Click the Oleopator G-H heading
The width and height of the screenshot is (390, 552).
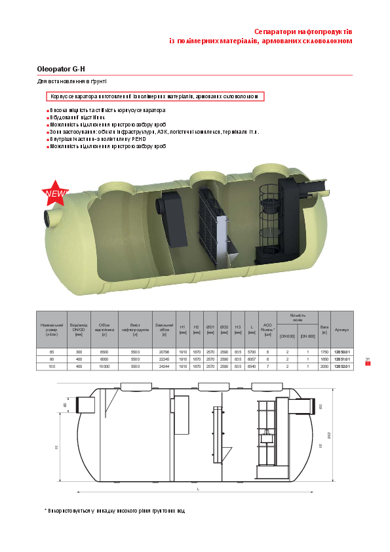pos(62,69)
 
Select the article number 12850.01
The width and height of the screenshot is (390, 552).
pos(342,352)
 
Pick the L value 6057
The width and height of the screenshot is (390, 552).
pos(252,359)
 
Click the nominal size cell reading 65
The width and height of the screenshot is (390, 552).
pos(52,352)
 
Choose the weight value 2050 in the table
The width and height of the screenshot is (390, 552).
pos(324,366)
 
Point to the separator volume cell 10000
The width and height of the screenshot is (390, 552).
pos(104,366)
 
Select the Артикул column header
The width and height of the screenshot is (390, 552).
pos(342,329)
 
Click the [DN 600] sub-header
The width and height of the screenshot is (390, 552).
pos(288,336)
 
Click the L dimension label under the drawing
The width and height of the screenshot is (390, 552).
pos(197,489)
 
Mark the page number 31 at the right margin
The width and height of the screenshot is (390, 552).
pos(368,359)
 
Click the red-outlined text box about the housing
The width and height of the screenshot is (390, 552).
pos(156,96)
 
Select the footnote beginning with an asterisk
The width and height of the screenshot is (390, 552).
pos(115,511)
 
